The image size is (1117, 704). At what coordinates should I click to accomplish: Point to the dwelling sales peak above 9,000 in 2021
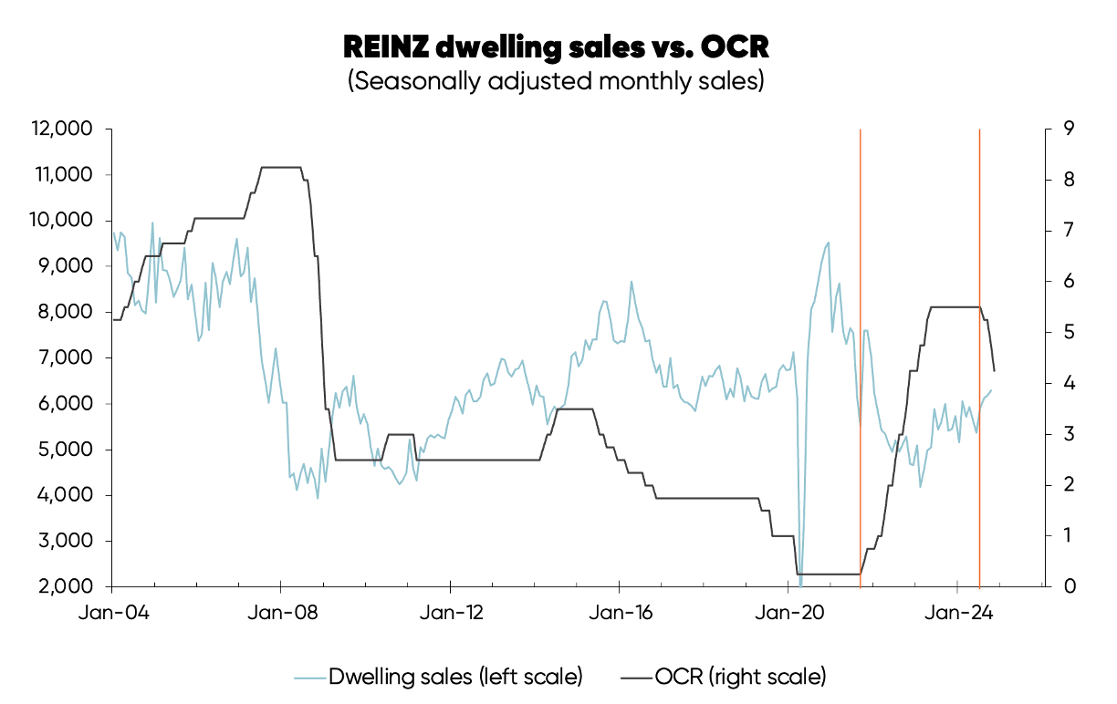click(828, 243)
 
